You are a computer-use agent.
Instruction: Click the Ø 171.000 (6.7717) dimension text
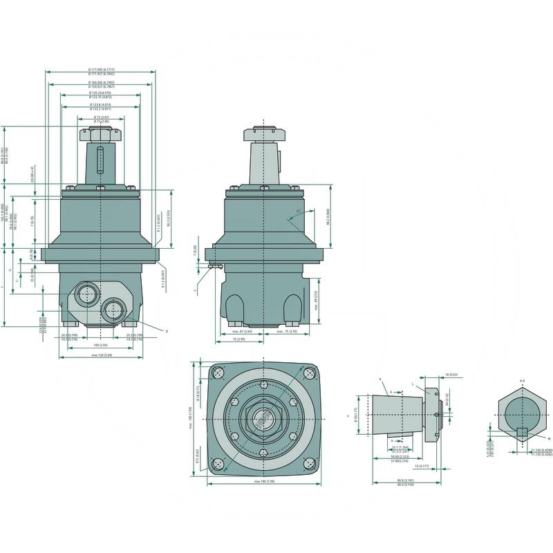tap(101, 71)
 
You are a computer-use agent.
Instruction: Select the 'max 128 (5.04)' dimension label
tap(102, 355)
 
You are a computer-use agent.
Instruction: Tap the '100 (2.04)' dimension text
tap(101, 344)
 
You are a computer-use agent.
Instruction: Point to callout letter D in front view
tap(167, 332)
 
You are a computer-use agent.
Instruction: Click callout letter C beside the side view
tap(196, 291)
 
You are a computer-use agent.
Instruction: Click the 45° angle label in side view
tap(298, 211)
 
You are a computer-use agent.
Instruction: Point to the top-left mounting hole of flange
tap(219, 373)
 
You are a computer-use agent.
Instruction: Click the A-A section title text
tap(523, 380)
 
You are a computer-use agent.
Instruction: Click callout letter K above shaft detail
tap(380, 379)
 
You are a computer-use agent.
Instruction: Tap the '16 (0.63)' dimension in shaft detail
tap(452, 374)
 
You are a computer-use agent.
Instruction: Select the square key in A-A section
tap(523, 433)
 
